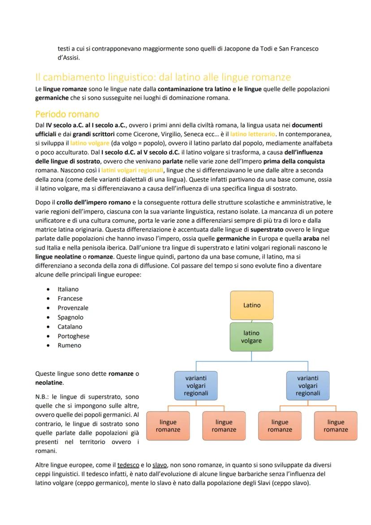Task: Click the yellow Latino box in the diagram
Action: click(x=252, y=305)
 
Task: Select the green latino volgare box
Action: click(x=251, y=337)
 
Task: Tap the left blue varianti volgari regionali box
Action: click(x=196, y=386)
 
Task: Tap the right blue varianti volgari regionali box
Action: click(x=308, y=386)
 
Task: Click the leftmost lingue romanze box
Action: click(x=168, y=426)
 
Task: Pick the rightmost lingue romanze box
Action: click(x=336, y=426)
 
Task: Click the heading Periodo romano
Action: click(x=67, y=114)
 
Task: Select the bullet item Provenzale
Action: click(x=73, y=308)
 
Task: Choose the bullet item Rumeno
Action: click(x=69, y=346)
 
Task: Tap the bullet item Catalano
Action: click(x=70, y=327)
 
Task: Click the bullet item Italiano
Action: click(x=68, y=289)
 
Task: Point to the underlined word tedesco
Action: click(x=128, y=465)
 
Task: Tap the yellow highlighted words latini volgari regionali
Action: click(x=132, y=170)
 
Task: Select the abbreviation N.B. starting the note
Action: click(x=42, y=397)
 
